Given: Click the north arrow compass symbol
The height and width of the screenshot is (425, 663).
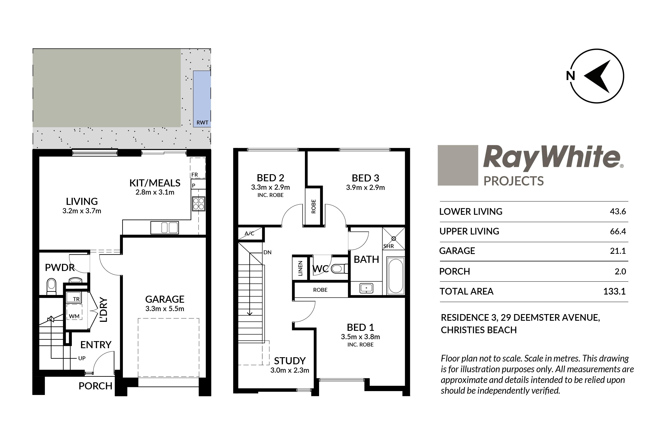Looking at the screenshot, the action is [x=597, y=76].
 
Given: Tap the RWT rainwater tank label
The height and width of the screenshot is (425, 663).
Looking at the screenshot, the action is [x=202, y=123].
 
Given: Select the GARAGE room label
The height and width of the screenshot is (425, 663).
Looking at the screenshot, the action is [x=165, y=299].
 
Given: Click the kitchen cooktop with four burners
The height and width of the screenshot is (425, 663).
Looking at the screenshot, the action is [x=199, y=204].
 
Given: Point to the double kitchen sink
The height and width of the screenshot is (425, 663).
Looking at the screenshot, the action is [x=165, y=228].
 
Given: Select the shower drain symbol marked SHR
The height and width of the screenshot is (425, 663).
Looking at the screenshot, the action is [x=393, y=238].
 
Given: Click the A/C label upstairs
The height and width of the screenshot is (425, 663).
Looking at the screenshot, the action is [x=249, y=233].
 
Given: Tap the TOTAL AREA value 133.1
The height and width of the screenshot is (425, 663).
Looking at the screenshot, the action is [x=615, y=291].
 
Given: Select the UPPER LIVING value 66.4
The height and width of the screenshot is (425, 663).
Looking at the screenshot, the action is [x=618, y=231].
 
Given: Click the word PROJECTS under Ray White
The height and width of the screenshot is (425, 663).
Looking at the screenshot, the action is [x=514, y=181].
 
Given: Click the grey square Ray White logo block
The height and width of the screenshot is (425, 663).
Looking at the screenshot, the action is [x=458, y=165].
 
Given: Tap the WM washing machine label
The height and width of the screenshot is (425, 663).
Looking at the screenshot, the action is [x=74, y=316].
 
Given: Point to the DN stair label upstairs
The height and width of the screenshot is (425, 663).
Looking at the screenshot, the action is [x=268, y=252].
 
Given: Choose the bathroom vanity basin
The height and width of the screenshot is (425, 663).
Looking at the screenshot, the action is [x=366, y=288].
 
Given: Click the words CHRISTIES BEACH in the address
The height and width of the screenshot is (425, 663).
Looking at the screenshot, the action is [x=479, y=330].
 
